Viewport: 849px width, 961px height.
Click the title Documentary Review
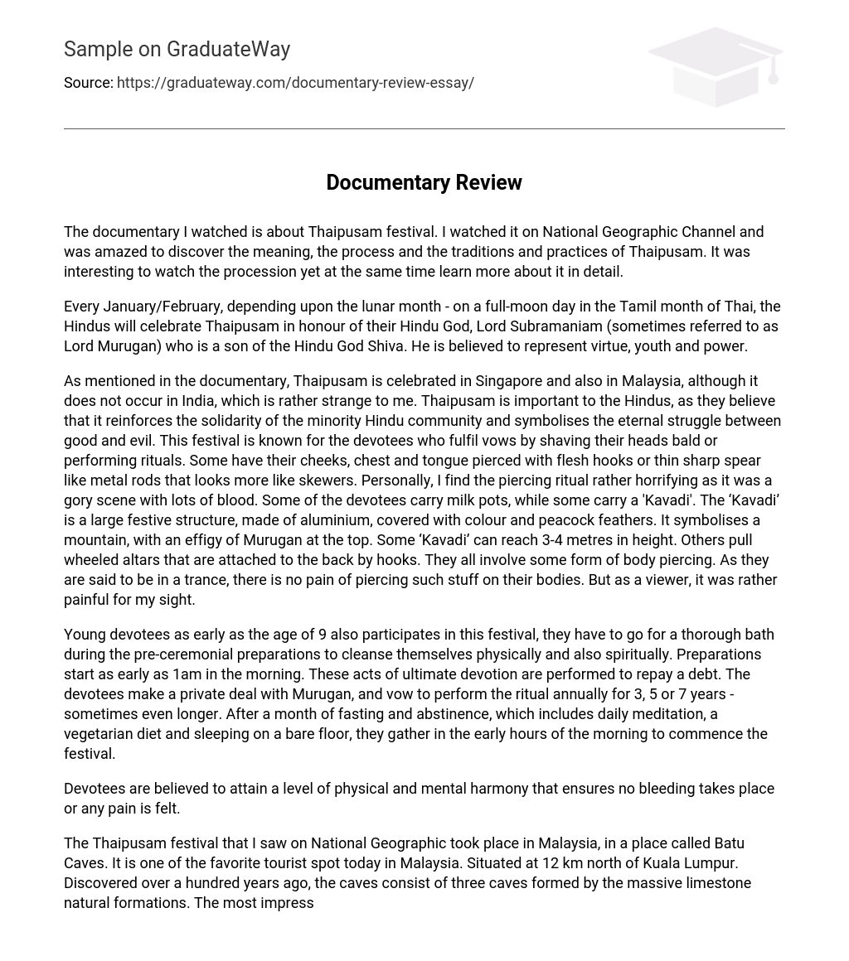(x=424, y=182)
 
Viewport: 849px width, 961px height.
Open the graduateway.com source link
(x=295, y=83)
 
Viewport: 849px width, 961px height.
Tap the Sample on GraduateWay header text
(x=177, y=49)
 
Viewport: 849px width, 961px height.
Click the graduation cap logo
(x=715, y=66)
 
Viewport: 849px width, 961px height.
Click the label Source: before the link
(x=88, y=83)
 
